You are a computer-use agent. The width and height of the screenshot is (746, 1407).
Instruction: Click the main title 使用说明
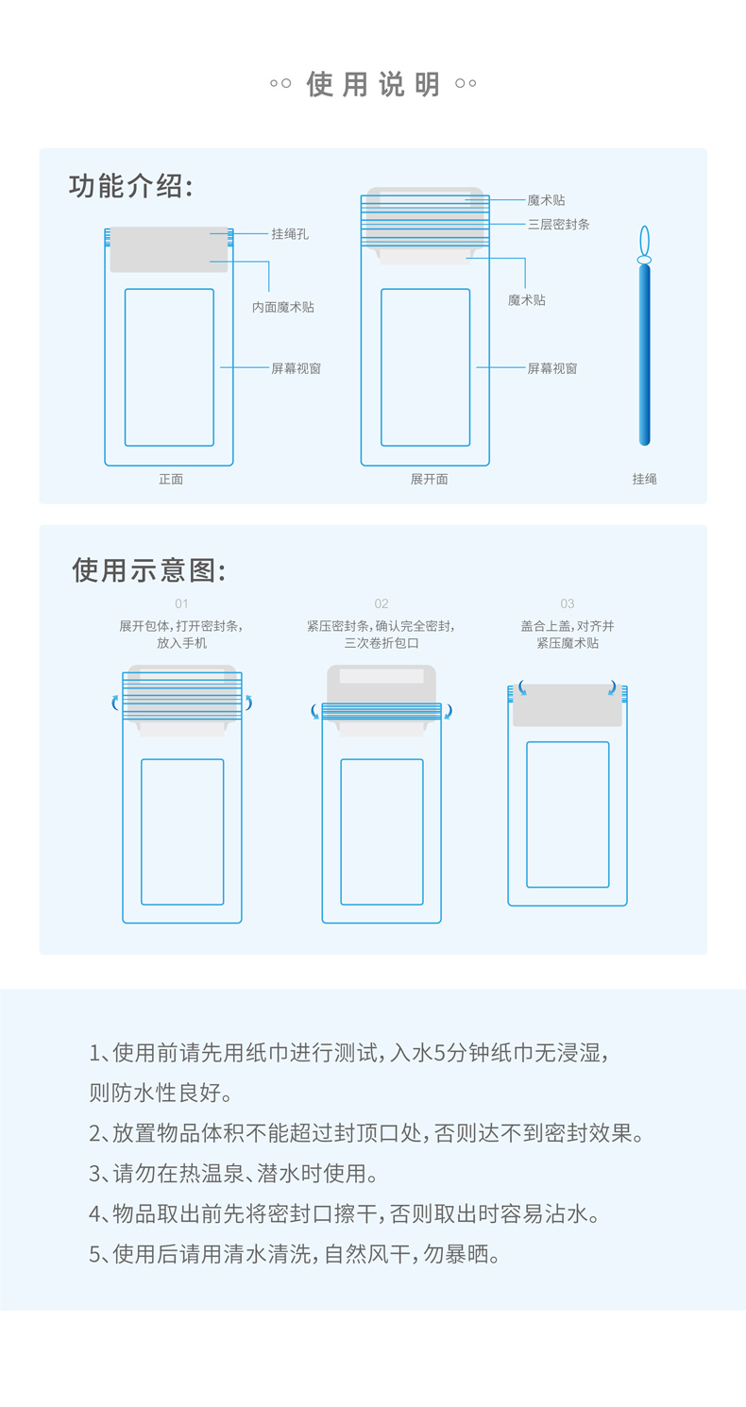373,84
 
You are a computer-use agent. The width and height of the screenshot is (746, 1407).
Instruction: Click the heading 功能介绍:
130,186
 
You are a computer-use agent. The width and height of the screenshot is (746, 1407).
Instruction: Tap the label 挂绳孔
290,233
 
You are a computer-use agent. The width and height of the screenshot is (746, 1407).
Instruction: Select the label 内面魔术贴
283,307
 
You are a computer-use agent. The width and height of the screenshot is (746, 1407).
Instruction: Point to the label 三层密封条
558,224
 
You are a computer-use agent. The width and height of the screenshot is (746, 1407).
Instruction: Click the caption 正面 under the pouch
171,480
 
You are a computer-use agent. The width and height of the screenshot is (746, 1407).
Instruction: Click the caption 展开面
429,480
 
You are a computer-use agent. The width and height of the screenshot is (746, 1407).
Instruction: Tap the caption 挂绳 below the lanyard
644,480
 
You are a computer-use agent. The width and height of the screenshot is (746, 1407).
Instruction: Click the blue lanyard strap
644,355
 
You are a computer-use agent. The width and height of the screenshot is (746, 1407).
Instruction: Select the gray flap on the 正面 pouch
169,249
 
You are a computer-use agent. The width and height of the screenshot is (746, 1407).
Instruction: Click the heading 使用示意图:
148,570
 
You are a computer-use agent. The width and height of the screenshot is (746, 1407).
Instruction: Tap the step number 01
181,603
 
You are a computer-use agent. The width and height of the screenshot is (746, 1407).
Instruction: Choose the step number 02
381,603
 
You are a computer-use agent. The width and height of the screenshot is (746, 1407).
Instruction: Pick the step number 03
567,603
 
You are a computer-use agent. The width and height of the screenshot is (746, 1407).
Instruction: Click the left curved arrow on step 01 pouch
113,703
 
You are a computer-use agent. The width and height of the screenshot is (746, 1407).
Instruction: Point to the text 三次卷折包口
381,642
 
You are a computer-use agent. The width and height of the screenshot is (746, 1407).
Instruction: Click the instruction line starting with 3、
233,1173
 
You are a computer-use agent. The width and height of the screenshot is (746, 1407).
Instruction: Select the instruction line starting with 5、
295,1253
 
